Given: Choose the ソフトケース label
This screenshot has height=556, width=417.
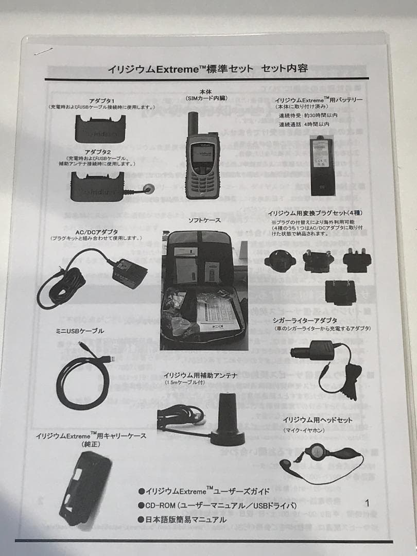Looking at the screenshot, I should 204,220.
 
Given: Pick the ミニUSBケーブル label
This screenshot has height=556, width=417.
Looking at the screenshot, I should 81,331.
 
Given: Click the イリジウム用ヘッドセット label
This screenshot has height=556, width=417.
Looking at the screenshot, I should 317,420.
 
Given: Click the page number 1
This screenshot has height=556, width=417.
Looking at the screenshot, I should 367,503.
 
